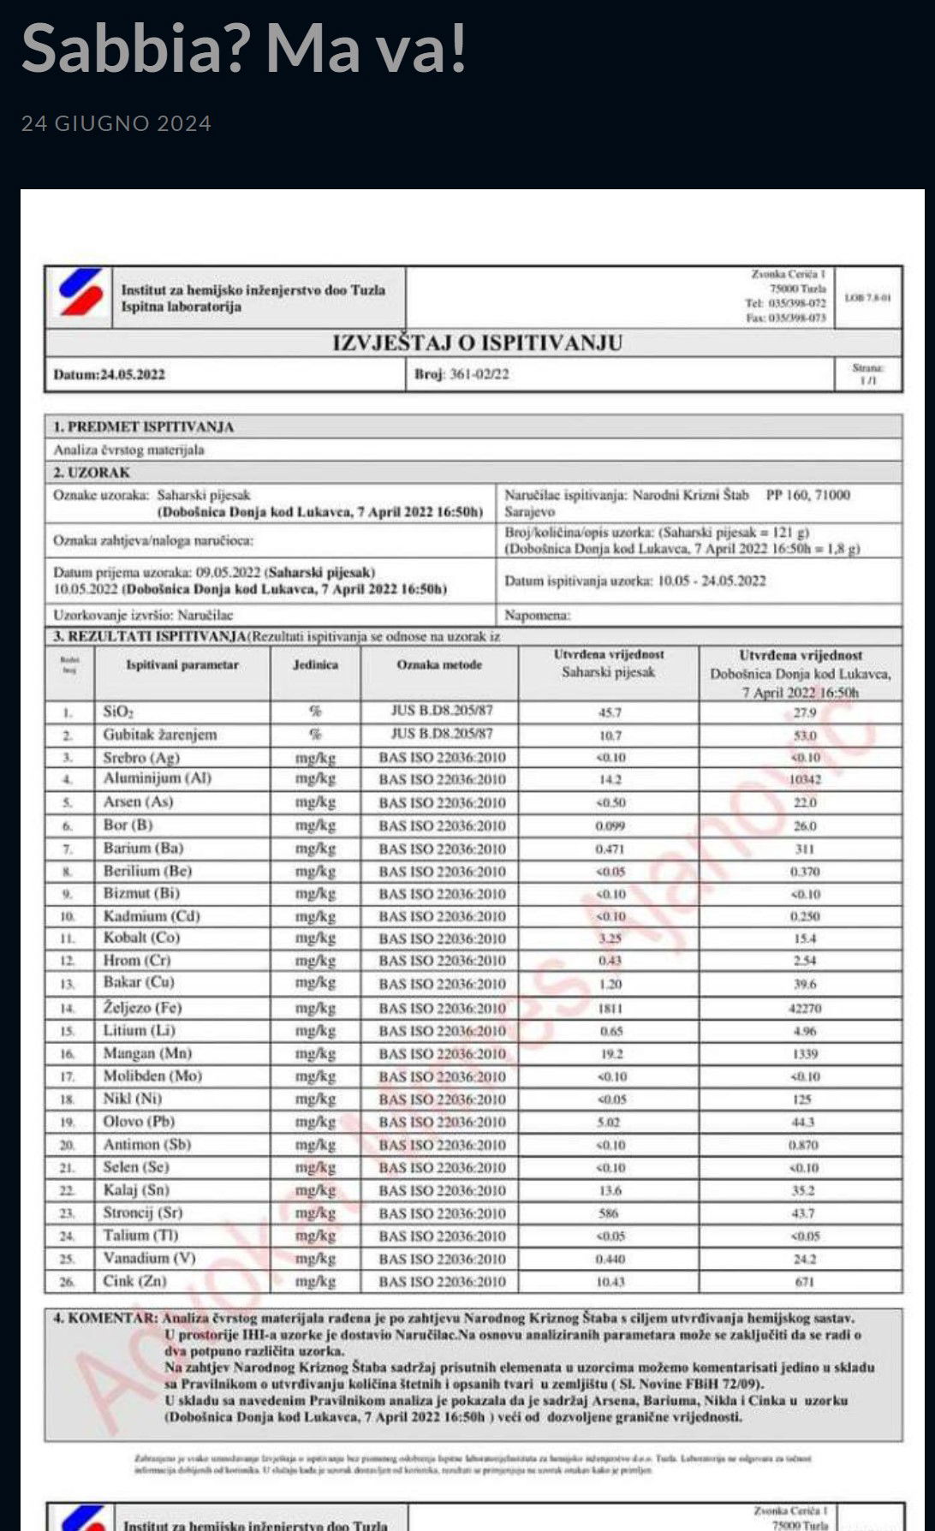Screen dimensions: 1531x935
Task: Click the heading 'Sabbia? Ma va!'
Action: (x=244, y=48)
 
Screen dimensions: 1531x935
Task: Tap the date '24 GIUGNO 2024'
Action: (x=116, y=123)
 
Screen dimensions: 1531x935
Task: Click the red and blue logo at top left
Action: (x=80, y=293)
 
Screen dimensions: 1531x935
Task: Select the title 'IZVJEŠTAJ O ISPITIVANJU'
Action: (x=477, y=343)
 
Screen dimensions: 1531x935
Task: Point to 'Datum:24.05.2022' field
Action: (x=109, y=374)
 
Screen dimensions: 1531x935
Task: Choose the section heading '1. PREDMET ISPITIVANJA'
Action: (x=143, y=426)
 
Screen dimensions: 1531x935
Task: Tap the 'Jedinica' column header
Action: (x=315, y=664)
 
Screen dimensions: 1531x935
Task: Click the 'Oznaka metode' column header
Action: (x=439, y=664)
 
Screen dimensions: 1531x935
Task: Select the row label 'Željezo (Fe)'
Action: (x=142, y=1008)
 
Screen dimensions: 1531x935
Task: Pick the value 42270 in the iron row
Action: (x=804, y=1009)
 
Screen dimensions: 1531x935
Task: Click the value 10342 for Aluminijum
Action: (x=804, y=780)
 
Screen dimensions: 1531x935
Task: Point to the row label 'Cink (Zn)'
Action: (x=134, y=1281)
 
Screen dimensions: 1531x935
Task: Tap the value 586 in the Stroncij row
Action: (x=609, y=1213)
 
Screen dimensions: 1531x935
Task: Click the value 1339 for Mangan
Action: (x=804, y=1054)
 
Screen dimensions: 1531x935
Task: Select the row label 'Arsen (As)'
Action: (x=138, y=802)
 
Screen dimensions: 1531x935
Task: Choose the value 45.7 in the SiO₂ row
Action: (x=610, y=712)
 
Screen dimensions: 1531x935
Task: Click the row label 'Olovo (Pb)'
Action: (x=139, y=1122)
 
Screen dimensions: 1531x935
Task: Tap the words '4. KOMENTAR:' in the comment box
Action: (x=105, y=1319)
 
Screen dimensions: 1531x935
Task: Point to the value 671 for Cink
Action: (x=804, y=1282)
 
